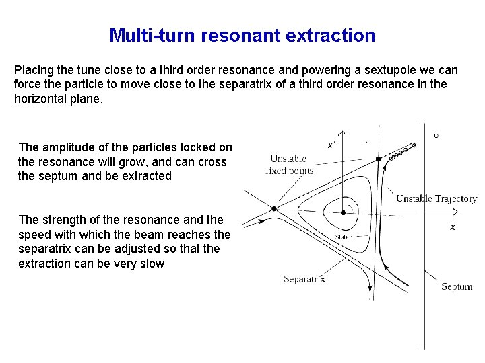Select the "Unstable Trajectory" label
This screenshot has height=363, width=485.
tap(436, 198)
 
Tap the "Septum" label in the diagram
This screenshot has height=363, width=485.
tap(456, 287)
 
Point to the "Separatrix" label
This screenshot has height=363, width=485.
tap(304, 279)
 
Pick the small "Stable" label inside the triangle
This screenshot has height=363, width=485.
tap(344, 237)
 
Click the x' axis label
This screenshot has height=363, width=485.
tap(331, 145)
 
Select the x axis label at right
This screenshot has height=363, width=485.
tap(453, 228)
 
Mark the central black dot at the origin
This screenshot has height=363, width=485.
tap(344, 212)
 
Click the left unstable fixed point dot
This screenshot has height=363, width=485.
tap(274, 209)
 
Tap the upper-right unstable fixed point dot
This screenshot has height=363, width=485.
tap(379, 159)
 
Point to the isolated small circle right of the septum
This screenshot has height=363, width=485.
tap(436, 136)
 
